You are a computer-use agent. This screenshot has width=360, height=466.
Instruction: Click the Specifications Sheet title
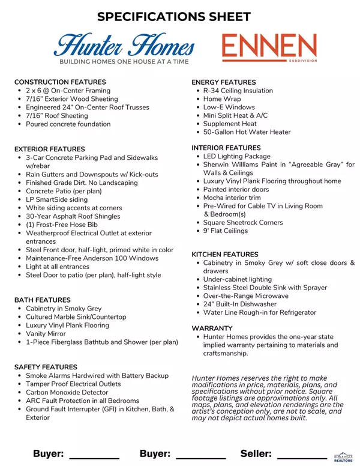pos(174,16)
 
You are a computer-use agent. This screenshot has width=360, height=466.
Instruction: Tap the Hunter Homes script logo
pos(124,46)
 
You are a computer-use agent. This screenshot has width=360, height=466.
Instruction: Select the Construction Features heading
pos(60,82)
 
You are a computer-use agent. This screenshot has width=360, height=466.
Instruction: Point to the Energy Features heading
pos(224,82)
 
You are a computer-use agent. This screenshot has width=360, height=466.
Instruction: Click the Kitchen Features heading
pos(225,255)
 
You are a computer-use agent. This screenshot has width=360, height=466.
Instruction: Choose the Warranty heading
pos(212,328)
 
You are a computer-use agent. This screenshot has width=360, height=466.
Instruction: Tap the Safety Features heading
pos(46,367)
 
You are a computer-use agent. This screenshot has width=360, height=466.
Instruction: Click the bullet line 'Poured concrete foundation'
pos(68,124)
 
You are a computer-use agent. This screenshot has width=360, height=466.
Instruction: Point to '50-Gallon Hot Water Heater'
pos(247,132)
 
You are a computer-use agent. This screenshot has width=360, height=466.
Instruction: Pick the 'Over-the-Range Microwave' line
pos(245,296)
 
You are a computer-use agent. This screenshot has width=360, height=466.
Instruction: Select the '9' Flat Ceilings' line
pos(225,231)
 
